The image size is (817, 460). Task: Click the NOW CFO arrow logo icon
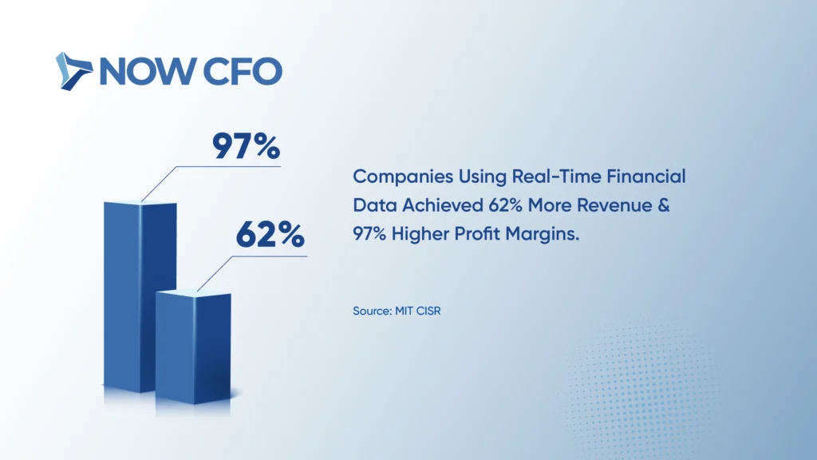(73, 71)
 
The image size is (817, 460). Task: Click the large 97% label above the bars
(246, 146)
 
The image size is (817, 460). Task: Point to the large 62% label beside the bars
(270, 235)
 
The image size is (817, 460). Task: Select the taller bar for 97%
(140, 296)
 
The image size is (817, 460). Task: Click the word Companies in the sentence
(403, 177)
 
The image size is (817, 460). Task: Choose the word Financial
(646, 176)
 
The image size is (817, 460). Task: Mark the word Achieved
(442, 205)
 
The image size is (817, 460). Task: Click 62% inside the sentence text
(505, 205)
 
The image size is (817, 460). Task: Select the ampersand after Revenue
(664, 205)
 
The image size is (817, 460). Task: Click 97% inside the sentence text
(369, 234)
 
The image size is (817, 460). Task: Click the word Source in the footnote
(372, 311)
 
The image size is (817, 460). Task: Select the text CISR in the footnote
(428, 311)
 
